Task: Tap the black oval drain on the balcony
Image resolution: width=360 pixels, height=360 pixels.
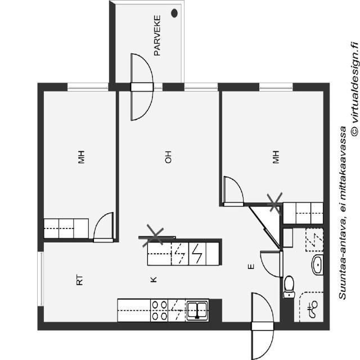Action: point(174,12)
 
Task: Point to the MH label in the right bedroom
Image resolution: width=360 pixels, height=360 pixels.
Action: point(276,158)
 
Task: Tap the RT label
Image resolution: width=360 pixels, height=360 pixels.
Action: point(79,280)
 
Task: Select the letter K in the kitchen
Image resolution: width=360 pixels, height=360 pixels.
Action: point(153,279)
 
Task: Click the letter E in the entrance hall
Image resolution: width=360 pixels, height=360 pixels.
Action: point(251,267)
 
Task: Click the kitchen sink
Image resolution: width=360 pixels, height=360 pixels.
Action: point(197,310)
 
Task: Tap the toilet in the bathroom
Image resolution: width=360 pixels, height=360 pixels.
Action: point(289,285)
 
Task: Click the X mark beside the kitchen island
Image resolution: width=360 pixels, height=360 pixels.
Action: point(153,235)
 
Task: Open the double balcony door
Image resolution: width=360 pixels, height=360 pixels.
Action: point(142,87)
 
